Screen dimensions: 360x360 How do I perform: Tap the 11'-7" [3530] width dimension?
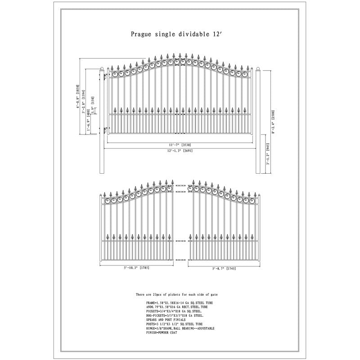click(x=180, y=144)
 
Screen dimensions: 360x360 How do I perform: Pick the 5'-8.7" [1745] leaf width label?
click(x=224, y=268)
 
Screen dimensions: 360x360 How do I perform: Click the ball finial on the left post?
click(x=101, y=68)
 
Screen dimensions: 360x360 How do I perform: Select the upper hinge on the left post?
click(x=104, y=78)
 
